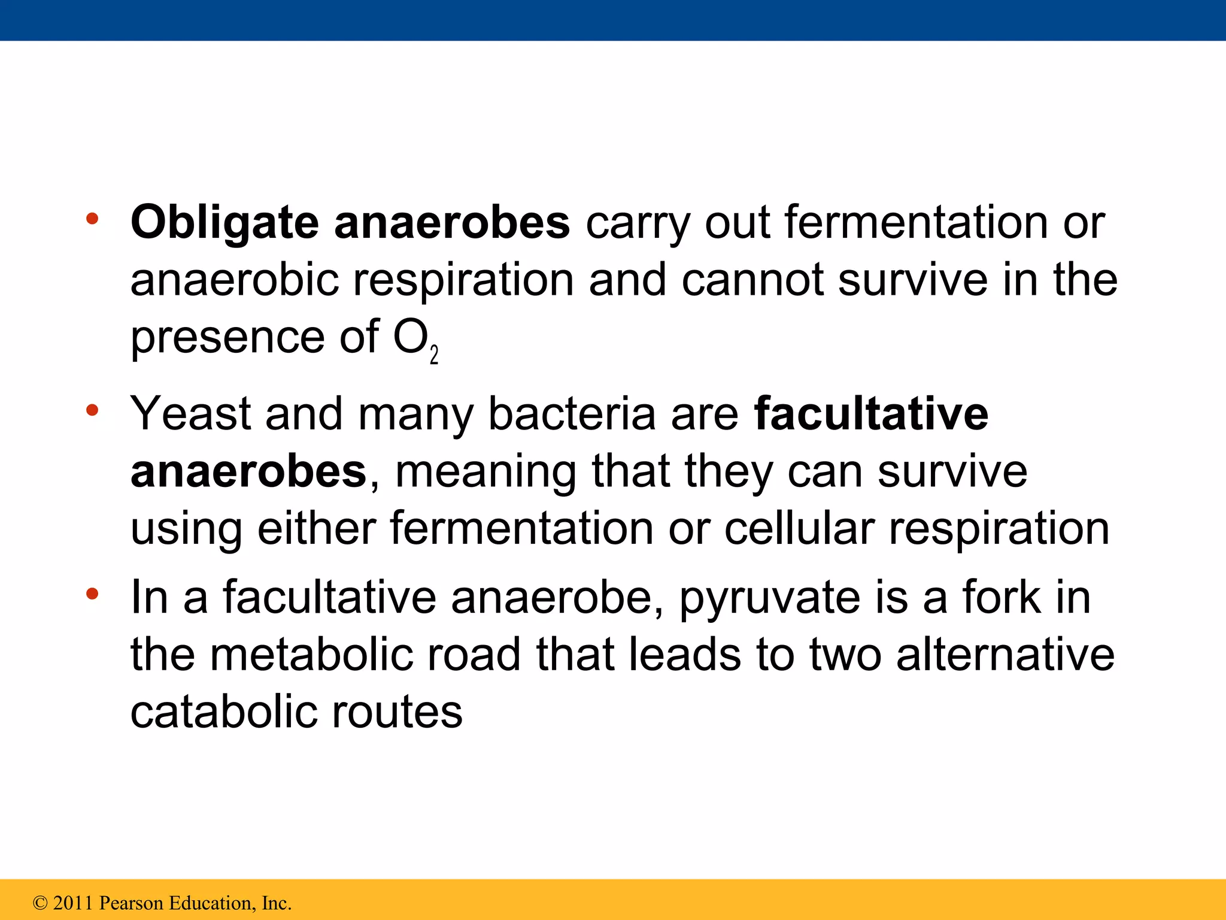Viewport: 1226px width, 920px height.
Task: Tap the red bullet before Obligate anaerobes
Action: (x=92, y=219)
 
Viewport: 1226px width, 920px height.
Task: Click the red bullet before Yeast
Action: (x=92, y=411)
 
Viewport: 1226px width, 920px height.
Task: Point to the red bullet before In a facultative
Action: (x=92, y=594)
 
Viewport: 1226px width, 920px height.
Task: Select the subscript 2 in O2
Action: (x=434, y=355)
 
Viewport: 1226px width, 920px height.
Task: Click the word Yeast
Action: (x=190, y=413)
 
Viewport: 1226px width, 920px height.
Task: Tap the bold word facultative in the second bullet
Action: (x=871, y=413)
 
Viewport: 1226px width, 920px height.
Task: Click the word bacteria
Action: (x=572, y=413)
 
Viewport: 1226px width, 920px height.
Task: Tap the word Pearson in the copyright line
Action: (x=131, y=903)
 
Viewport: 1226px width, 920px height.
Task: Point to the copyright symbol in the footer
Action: (x=40, y=903)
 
